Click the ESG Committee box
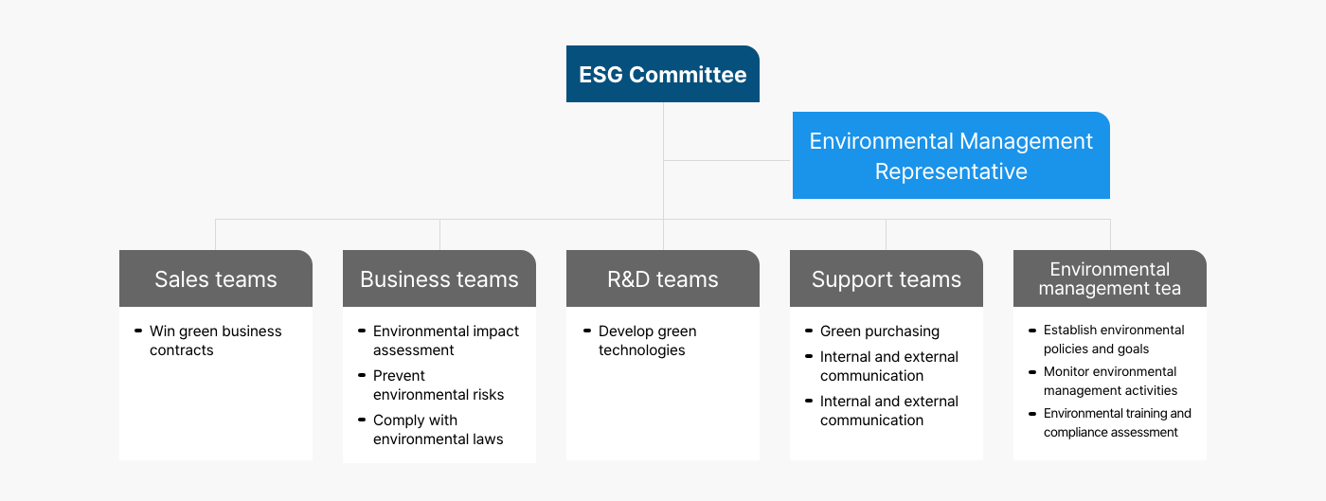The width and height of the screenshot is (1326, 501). (662, 74)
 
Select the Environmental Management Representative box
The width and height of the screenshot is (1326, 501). (951, 155)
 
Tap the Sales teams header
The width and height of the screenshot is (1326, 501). (216, 278)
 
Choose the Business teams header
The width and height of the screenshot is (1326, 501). (439, 278)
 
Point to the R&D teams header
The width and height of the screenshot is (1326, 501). (662, 278)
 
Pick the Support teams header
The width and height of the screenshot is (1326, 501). (887, 278)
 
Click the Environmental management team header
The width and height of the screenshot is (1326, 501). (1109, 278)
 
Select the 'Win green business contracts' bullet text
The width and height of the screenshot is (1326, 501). (216, 341)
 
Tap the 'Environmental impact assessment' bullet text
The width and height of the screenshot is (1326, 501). (446, 341)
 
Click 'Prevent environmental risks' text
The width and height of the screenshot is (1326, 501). (438, 385)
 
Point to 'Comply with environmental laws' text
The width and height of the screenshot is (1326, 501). (438, 429)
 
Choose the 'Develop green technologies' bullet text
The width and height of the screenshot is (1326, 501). (647, 341)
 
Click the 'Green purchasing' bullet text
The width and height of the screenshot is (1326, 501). (880, 331)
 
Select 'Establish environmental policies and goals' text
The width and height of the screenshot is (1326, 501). (1114, 339)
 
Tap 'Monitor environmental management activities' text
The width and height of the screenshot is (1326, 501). (1110, 381)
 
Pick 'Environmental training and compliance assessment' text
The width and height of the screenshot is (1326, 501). (1117, 422)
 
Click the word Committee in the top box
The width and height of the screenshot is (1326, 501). (688, 75)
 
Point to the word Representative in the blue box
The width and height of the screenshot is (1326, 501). (951, 171)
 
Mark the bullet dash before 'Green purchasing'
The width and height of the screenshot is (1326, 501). (809, 331)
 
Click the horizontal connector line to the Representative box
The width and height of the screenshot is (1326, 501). (727, 160)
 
